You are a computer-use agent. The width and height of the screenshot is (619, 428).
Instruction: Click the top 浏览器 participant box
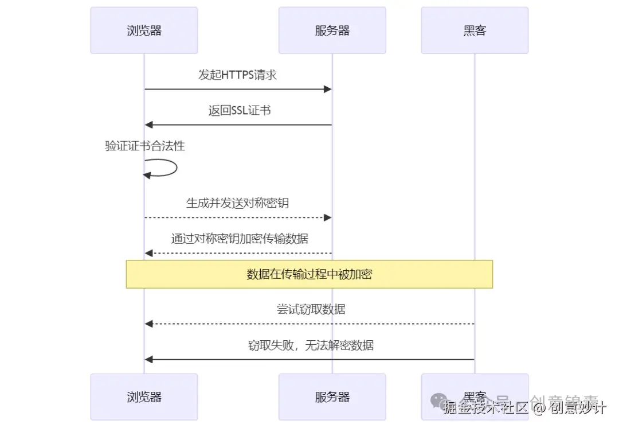(144, 30)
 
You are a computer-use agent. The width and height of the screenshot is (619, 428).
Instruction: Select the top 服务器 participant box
(332, 30)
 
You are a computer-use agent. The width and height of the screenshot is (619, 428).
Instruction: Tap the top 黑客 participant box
(474, 30)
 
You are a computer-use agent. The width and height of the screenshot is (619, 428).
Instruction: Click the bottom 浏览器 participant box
(144, 396)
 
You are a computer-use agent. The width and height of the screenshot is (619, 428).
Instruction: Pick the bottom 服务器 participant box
(332, 396)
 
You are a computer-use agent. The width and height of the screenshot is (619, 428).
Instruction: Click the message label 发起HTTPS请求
(238, 75)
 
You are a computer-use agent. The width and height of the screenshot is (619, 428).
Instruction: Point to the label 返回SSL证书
(240, 111)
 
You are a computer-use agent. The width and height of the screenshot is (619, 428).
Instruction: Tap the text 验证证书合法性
(145, 146)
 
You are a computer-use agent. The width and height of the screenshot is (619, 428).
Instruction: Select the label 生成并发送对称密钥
(237, 203)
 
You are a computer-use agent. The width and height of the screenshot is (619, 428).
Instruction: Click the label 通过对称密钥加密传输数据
(240, 239)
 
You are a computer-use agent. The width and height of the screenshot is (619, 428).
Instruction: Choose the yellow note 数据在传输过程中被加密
(309, 274)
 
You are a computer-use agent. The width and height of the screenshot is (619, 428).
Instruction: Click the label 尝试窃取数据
(311, 310)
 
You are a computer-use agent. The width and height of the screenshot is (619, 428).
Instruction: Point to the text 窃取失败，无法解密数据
(311, 345)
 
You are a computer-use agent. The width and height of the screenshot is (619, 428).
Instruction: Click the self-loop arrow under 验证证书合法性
(169, 168)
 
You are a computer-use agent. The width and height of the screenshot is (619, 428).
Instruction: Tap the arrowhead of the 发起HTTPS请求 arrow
(328, 89)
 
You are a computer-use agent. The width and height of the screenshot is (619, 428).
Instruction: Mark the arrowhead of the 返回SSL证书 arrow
(148, 124)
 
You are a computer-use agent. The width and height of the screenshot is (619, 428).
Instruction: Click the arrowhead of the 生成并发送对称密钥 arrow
(328, 217)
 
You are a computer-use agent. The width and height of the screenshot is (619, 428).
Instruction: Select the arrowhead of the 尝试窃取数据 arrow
(148, 324)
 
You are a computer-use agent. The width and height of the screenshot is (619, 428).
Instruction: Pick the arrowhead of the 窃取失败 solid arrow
(148, 360)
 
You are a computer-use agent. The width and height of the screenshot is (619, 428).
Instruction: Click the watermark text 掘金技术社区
(486, 408)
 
